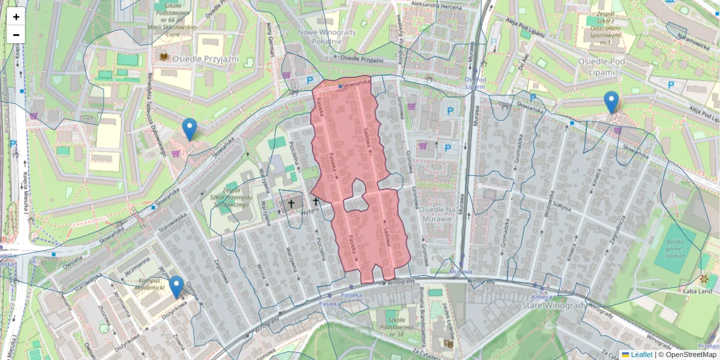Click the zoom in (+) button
coord(16,17)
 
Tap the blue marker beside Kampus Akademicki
coord(176,287)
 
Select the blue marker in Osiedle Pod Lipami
coord(611,103)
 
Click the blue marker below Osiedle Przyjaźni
coord(190,130)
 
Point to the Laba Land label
coord(697,291)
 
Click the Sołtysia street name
coord(561,206)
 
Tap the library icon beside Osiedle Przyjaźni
coord(163,58)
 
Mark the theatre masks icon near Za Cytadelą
coord(448,343)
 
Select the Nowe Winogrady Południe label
coord(328,37)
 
